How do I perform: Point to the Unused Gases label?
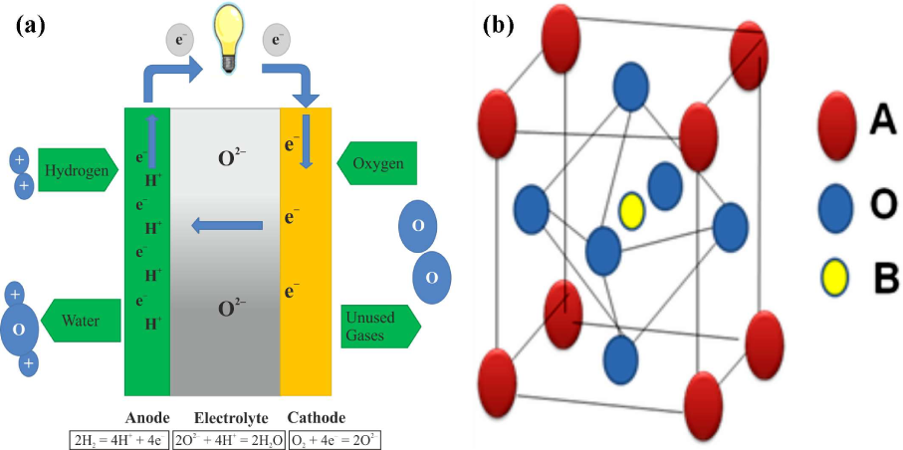(378, 325)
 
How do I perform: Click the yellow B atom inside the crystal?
(631, 210)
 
